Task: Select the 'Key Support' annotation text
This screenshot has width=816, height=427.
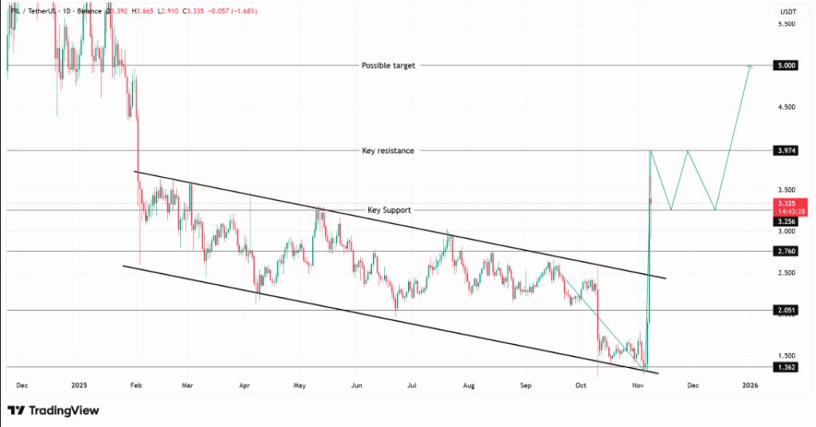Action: point(389,210)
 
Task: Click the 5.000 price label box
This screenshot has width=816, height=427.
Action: point(786,66)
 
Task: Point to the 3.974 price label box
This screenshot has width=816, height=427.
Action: point(786,150)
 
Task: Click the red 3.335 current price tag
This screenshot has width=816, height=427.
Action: point(786,207)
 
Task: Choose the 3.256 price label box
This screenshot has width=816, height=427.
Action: point(786,221)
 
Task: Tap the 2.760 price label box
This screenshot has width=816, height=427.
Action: point(786,252)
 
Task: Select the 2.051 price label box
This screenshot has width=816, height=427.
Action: point(786,310)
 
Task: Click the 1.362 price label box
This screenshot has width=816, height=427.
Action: point(786,367)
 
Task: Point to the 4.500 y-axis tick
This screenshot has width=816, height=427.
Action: point(786,107)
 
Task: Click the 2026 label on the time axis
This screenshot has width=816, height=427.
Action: point(750,385)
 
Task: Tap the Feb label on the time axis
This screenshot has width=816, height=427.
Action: point(135,385)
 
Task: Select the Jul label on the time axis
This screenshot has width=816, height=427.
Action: point(412,385)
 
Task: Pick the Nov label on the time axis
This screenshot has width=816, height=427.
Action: point(637,385)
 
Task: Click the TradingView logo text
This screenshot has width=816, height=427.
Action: point(63,410)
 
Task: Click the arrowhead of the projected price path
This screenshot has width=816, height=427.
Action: point(749,67)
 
